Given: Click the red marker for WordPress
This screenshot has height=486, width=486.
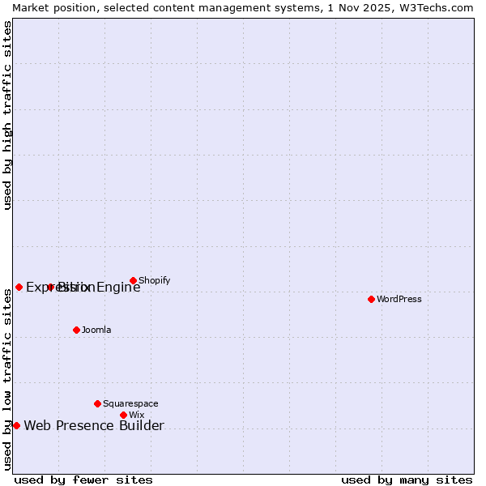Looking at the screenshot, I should point(371,299).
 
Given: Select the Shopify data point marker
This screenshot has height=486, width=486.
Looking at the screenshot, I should point(133,281).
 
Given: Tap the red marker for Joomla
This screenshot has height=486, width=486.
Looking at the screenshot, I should point(76,330).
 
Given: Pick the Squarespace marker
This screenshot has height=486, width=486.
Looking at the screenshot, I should point(97,403).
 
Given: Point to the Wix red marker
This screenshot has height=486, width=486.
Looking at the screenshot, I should point(123,415).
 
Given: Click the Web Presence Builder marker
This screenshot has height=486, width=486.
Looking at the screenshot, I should point(16,425).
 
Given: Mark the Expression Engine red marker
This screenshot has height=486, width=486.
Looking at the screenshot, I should point(19,287).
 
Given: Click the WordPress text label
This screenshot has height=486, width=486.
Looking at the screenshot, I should point(399,299).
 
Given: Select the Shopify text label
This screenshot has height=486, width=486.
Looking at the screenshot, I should point(154,281).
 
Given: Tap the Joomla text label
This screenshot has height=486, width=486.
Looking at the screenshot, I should point(96,330).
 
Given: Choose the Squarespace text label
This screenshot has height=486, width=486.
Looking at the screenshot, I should point(130,403).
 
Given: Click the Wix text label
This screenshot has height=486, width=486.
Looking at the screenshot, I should point(136,415).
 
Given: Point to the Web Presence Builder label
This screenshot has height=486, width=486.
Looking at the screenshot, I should point(94,426).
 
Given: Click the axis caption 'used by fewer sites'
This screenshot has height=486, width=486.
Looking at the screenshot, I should point(83,480).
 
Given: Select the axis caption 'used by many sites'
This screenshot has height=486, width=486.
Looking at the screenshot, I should point(407,480).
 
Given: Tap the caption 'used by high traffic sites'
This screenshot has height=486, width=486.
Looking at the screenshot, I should point(8,115).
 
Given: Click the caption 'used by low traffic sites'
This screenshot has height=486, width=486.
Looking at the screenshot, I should point(8,379).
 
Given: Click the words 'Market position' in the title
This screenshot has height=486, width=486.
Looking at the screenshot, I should point(51,7).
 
